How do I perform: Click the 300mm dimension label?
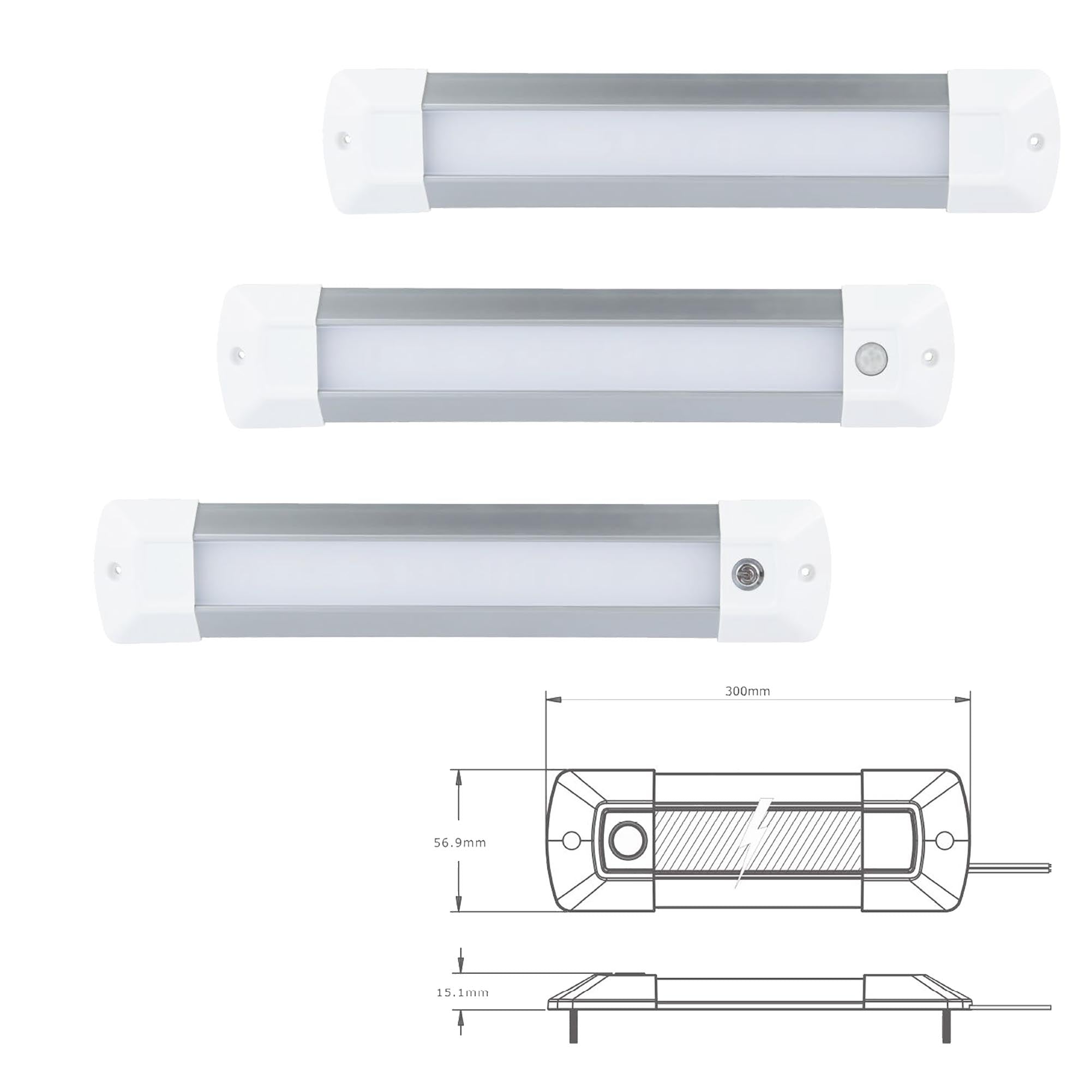(x=747, y=691)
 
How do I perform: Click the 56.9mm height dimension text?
(x=460, y=843)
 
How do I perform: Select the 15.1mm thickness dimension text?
(x=462, y=992)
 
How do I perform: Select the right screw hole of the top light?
(x=1034, y=140)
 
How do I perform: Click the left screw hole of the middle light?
(x=239, y=355)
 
